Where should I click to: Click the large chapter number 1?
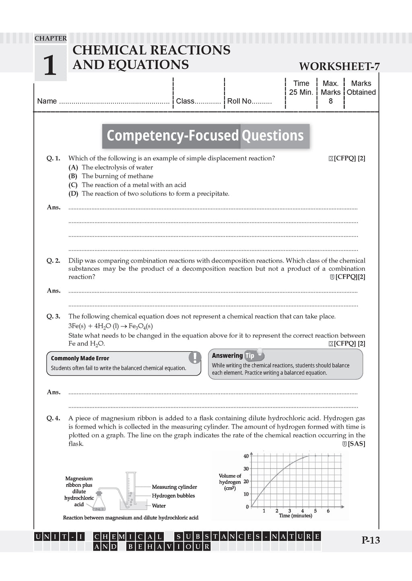(x=50, y=65)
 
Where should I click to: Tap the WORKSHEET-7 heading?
(x=339, y=66)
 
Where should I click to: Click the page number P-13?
(x=371, y=540)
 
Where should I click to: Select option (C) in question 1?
(x=73, y=185)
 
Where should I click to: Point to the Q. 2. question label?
(x=53, y=261)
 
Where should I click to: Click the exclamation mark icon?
(x=195, y=357)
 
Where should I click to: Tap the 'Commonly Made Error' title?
(x=80, y=358)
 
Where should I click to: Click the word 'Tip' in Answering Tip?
(x=250, y=355)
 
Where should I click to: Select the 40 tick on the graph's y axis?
(x=246, y=456)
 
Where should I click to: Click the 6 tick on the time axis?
(x=328, y=511)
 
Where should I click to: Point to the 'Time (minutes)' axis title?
(x=296, y=516)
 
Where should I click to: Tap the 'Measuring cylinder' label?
(x=174, y=487)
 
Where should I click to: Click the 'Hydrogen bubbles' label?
(x=173, y=496)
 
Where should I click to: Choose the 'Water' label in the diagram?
(x=159, y=506)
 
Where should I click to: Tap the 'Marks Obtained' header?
(x=361, y=88)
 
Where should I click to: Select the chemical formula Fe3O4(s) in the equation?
(x=140, y=326)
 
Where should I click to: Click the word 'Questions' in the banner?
(x=272, y=136)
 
